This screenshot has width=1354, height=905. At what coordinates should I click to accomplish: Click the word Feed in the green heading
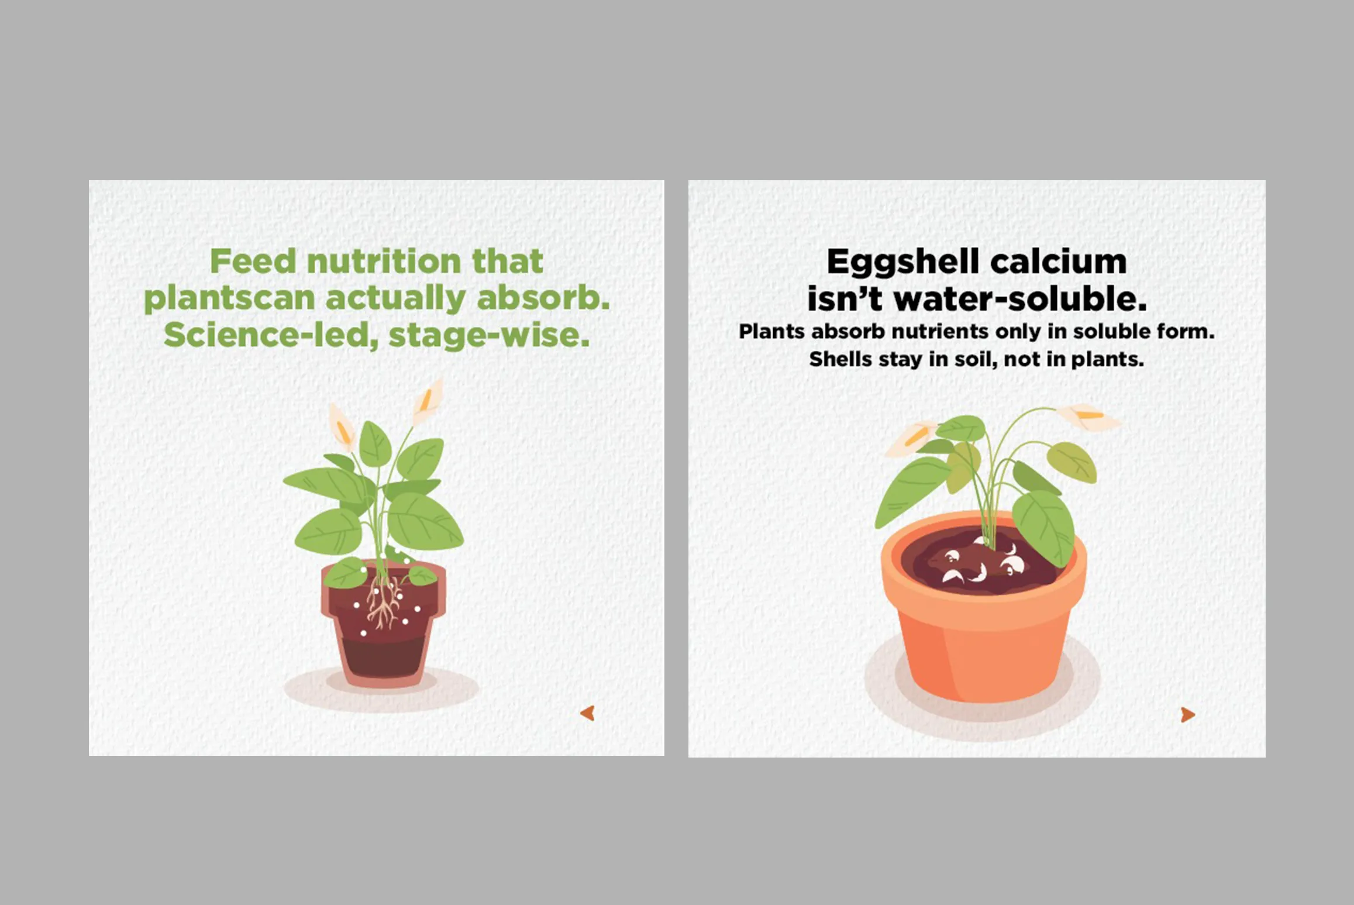click(x=253, y=261)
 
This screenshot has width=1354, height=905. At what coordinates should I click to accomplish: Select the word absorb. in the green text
click(x=543, y=298)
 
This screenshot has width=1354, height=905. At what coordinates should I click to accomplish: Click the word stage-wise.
click(x=489, y=335)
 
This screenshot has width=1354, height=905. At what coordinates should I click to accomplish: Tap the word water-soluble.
click(x=1021, y=299)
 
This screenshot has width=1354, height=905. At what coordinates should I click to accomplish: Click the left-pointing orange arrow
click(x=588, y=713)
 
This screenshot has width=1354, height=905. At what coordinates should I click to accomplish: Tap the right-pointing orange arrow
click(x=1188, y=714)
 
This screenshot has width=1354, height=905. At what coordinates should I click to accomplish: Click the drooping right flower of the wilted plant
click(x=1088, y=417)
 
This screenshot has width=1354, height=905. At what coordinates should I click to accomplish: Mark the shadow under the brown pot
click(x=381, y=690)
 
